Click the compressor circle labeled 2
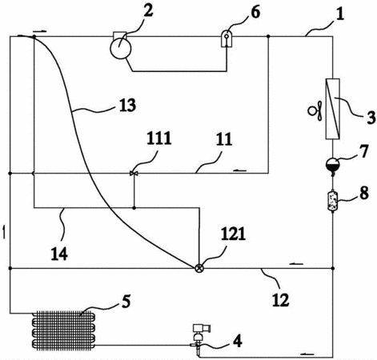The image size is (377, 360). pos(121,48)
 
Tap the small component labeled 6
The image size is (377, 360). pos(227,38)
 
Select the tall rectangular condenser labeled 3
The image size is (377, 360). pos(333,109)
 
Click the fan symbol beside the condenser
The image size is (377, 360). pos(315,110)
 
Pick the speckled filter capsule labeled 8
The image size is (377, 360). pos(333,200)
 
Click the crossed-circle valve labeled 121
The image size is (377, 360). pos(199,268)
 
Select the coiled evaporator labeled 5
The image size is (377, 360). pos(64,330)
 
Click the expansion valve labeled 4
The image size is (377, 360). pos(199,338)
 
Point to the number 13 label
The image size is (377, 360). pos(127,105)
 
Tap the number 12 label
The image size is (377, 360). pos(281,300)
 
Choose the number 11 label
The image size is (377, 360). pos(224,139)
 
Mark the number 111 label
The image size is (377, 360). pos(158,138)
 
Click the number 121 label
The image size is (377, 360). pos(233,234)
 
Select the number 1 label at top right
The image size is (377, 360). pos(339,14)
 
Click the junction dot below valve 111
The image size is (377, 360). pos(134,207)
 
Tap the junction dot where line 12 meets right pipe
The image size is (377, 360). pos(333,268)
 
